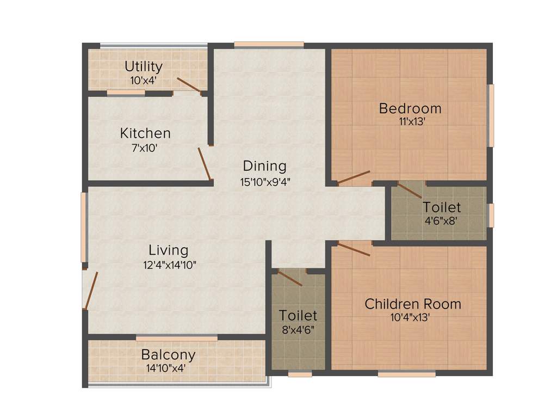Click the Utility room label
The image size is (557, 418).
pyautogui.click(x=144, y=67)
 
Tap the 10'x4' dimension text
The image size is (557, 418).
pyautogui.click(x=144, y=79)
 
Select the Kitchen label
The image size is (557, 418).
pyautogui.click(x=145, y=133)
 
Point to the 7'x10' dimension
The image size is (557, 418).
pyautogui.click(x=145, y=147)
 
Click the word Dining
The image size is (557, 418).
pyautogui.click(x=264, y=165)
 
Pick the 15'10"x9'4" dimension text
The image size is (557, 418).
pyautogui.click(x=264, y=182)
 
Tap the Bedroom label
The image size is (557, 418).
pyautogui.click(x=410, y=108)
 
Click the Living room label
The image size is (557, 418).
pyautogui.click(x=169, y=250)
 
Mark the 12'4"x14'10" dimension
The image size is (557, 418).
pyautogui.click(x=169, y=265)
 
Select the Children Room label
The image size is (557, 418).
pyautogui.click(x=413, y=304)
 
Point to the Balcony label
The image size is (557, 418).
pyautogui.click(x=168, y=355)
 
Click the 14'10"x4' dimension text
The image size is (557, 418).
pyautogui.click(x=166, y=368)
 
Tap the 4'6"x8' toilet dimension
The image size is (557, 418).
pyautogui.click(x=442, y=221)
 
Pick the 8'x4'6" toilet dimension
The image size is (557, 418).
pyautogui.click(x=298, y=329)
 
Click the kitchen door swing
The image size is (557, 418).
pyautogui.click(x=204, y=163)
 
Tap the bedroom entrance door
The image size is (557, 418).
pyautogui.click(x=354, y=177)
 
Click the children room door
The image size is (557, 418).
pyautogui.click(x=354, y=250)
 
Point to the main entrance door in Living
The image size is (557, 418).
pyautogui.click(x=91, y=290)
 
